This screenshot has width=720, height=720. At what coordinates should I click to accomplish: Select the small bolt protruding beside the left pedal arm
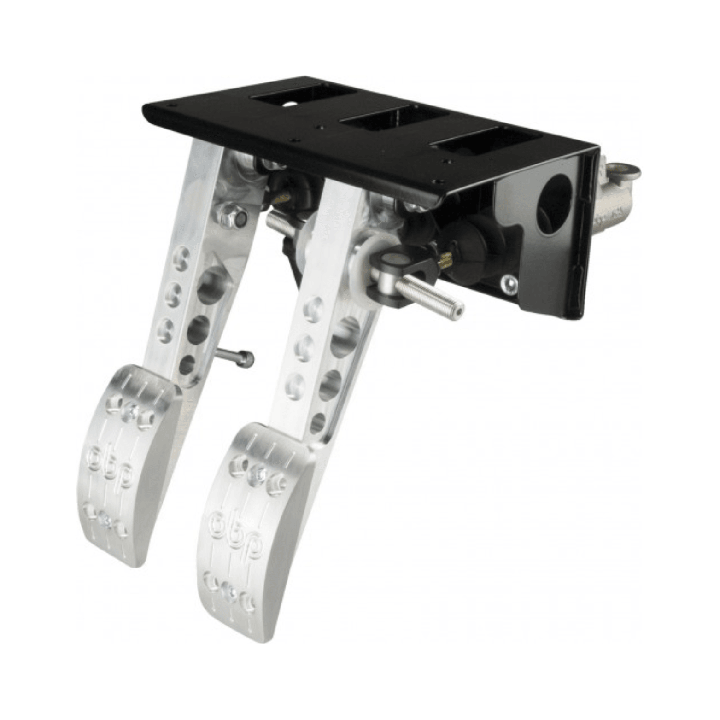point(235,357)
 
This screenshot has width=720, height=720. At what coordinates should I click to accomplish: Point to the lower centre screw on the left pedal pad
point(105,521)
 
